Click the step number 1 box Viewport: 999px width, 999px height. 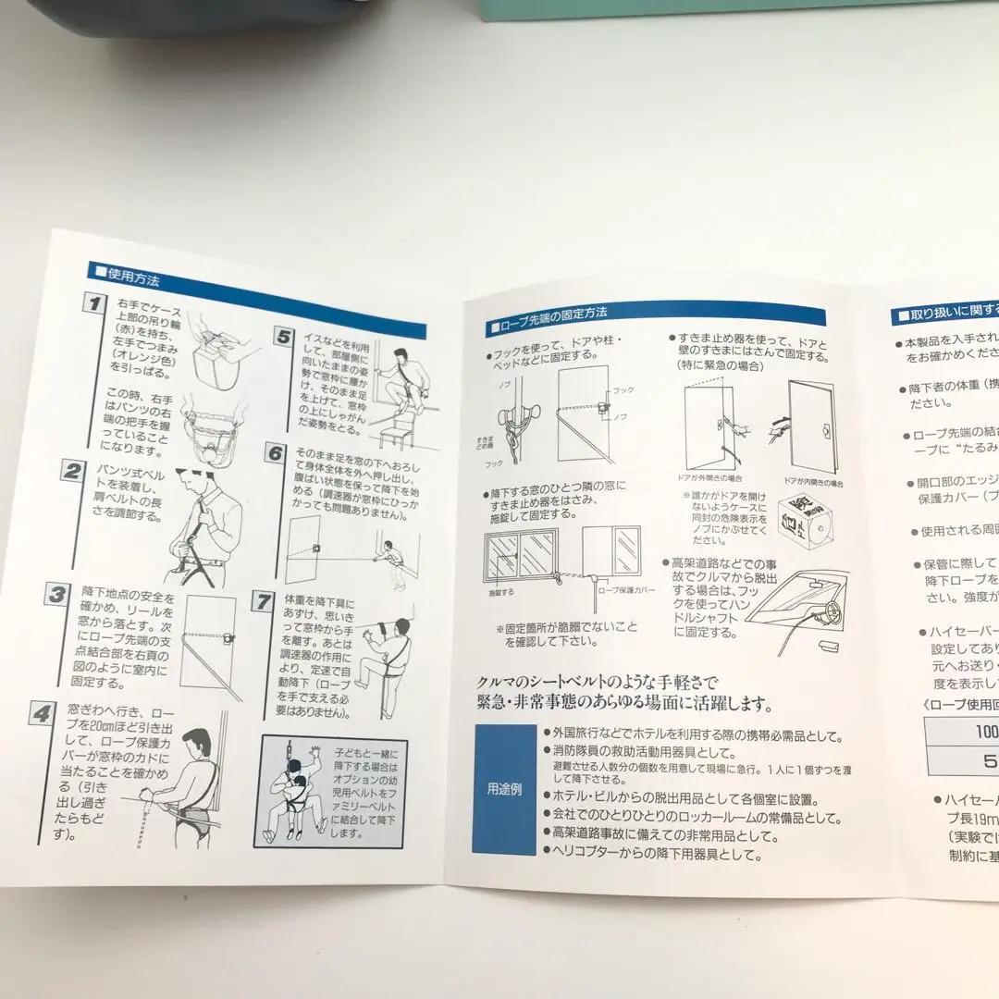coord(92,304)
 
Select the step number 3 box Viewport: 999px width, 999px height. coord(57,594)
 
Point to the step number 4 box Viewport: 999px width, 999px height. coord(42,715)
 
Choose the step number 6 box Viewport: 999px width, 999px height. coord(275,453)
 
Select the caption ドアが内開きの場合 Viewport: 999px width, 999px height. coord(813,483)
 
